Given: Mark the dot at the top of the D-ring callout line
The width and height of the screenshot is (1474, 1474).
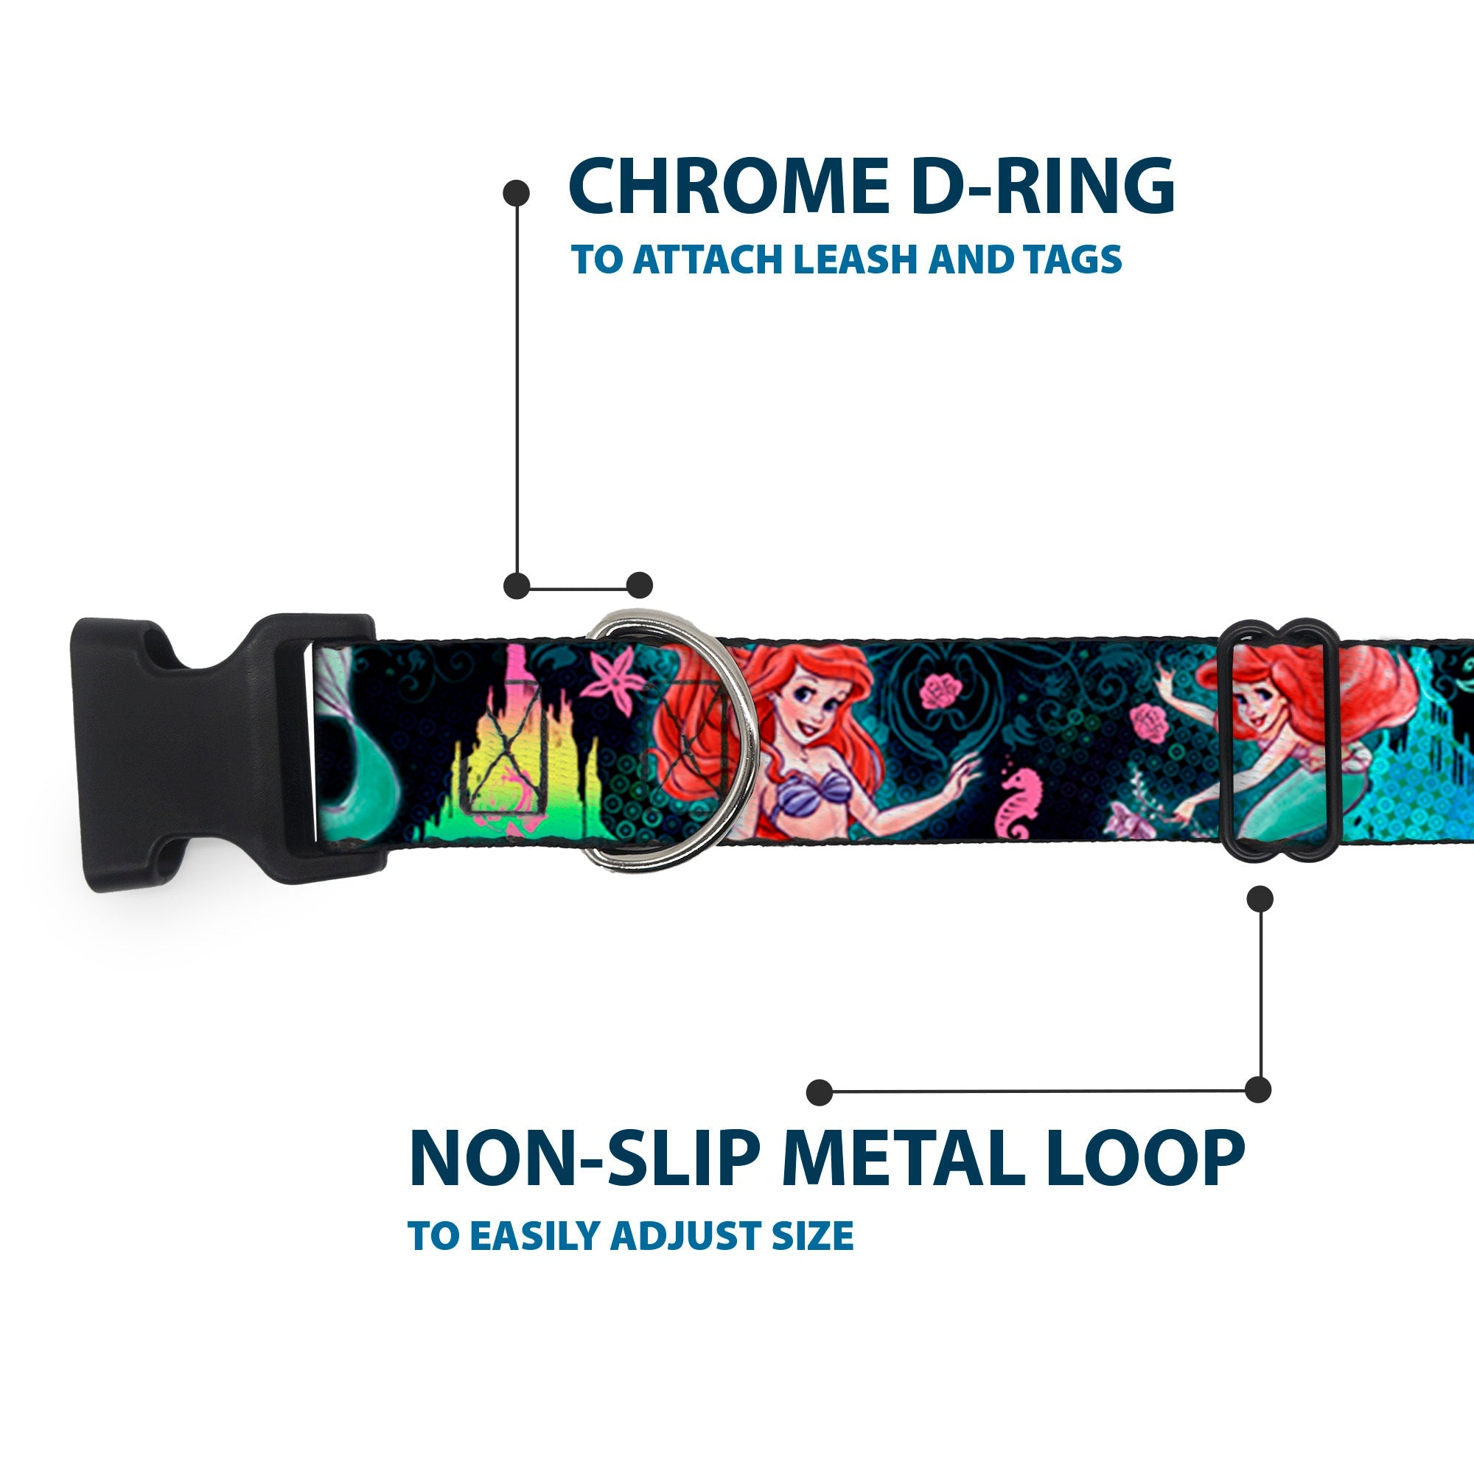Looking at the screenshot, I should [x=517, y=192].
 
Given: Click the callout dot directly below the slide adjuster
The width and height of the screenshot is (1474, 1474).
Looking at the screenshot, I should [x=1260, y=898].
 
